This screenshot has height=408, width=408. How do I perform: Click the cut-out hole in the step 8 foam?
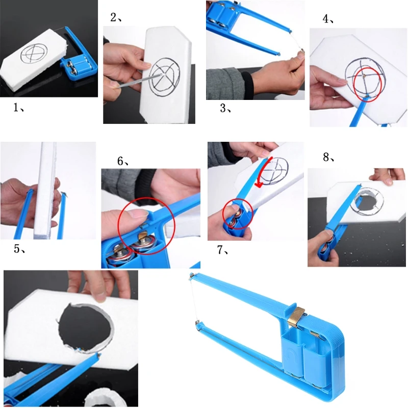(x=366, y=200)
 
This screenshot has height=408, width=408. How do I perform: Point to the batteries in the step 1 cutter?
(x=75, y=67)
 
